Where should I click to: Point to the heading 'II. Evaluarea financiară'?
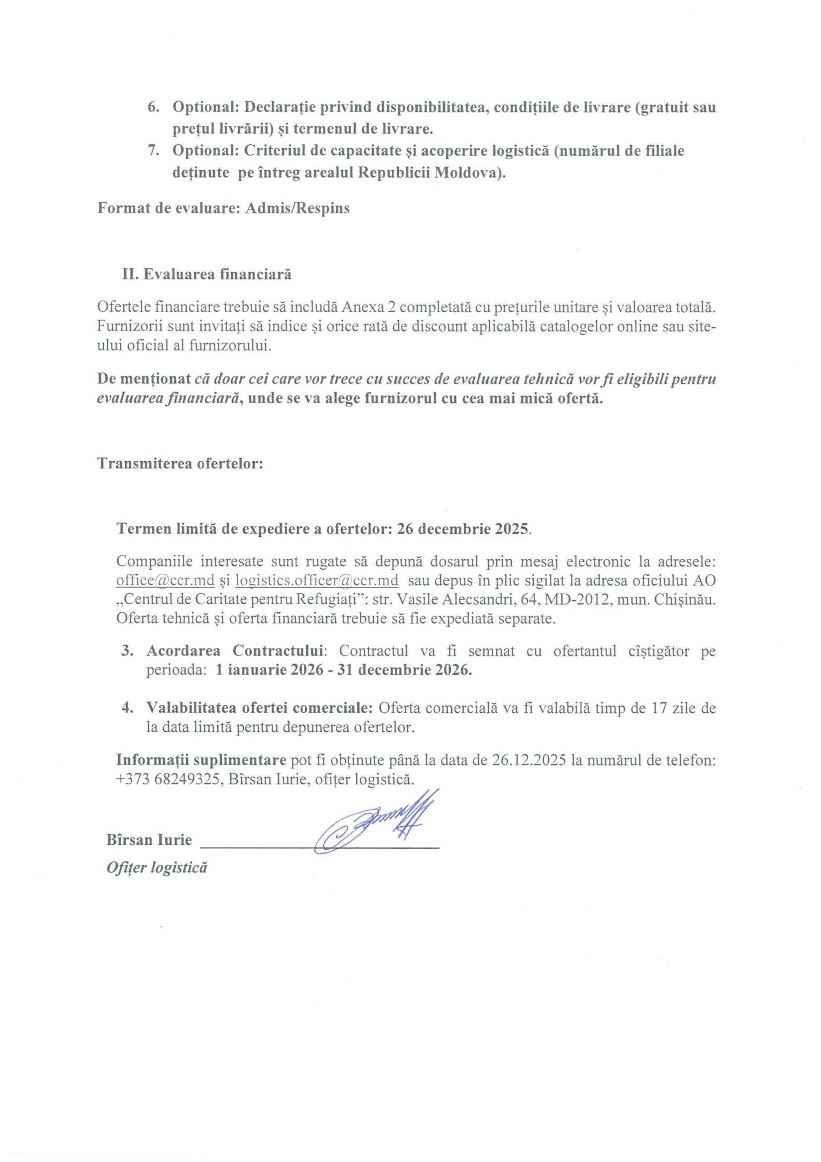click(x=206, y=274)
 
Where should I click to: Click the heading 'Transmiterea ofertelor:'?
click(x=180, y=463)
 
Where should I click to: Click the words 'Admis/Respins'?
click(x=297, y=208)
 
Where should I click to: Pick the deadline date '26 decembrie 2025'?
click(x=462, y=529)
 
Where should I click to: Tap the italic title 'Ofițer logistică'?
click(x=157, y=867)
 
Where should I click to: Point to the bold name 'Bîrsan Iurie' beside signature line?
click(x=149, y=840)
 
